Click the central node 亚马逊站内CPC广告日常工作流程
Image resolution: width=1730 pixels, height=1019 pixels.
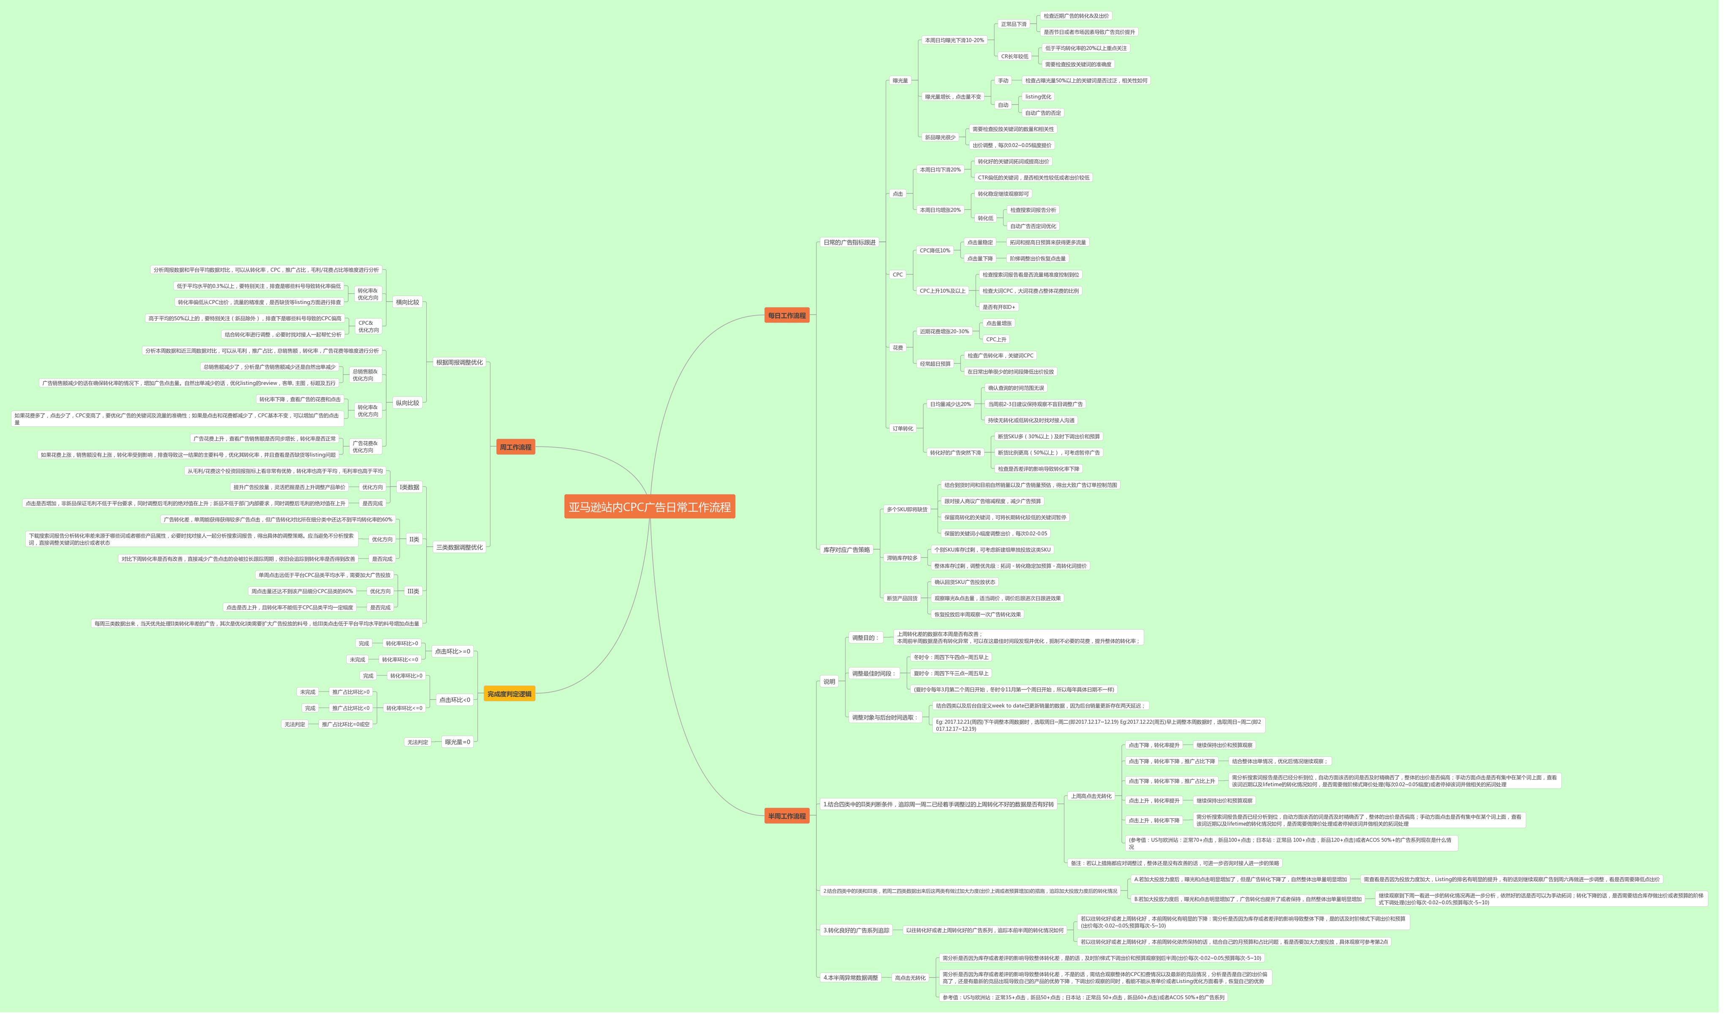pos(649,507)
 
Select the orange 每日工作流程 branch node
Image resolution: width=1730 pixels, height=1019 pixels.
pos(786,315)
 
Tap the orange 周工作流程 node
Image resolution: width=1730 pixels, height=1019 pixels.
pos(515,447)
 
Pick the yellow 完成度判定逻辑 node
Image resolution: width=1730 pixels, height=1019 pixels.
pos(509,693)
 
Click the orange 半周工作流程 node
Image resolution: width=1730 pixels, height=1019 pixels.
pos(786,816)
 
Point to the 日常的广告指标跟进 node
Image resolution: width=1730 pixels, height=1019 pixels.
pos(849,242)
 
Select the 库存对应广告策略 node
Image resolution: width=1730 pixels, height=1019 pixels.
pos(846,549)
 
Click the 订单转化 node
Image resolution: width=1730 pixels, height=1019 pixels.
pos(903,429)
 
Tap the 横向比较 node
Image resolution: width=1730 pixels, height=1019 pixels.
pos(407,302)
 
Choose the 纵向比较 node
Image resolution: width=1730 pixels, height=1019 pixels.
pos(407,403)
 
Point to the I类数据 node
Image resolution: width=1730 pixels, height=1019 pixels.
pos(409,487)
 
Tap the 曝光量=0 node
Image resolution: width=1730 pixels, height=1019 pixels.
pos(457,742)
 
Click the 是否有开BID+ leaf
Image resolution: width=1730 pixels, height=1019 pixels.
pos(998,307)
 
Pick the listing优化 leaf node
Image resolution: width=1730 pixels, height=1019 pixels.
pos(1038,97)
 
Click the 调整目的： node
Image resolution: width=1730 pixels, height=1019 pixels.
pos(865,638)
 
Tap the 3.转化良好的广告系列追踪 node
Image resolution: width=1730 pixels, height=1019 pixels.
pos(856,930)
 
